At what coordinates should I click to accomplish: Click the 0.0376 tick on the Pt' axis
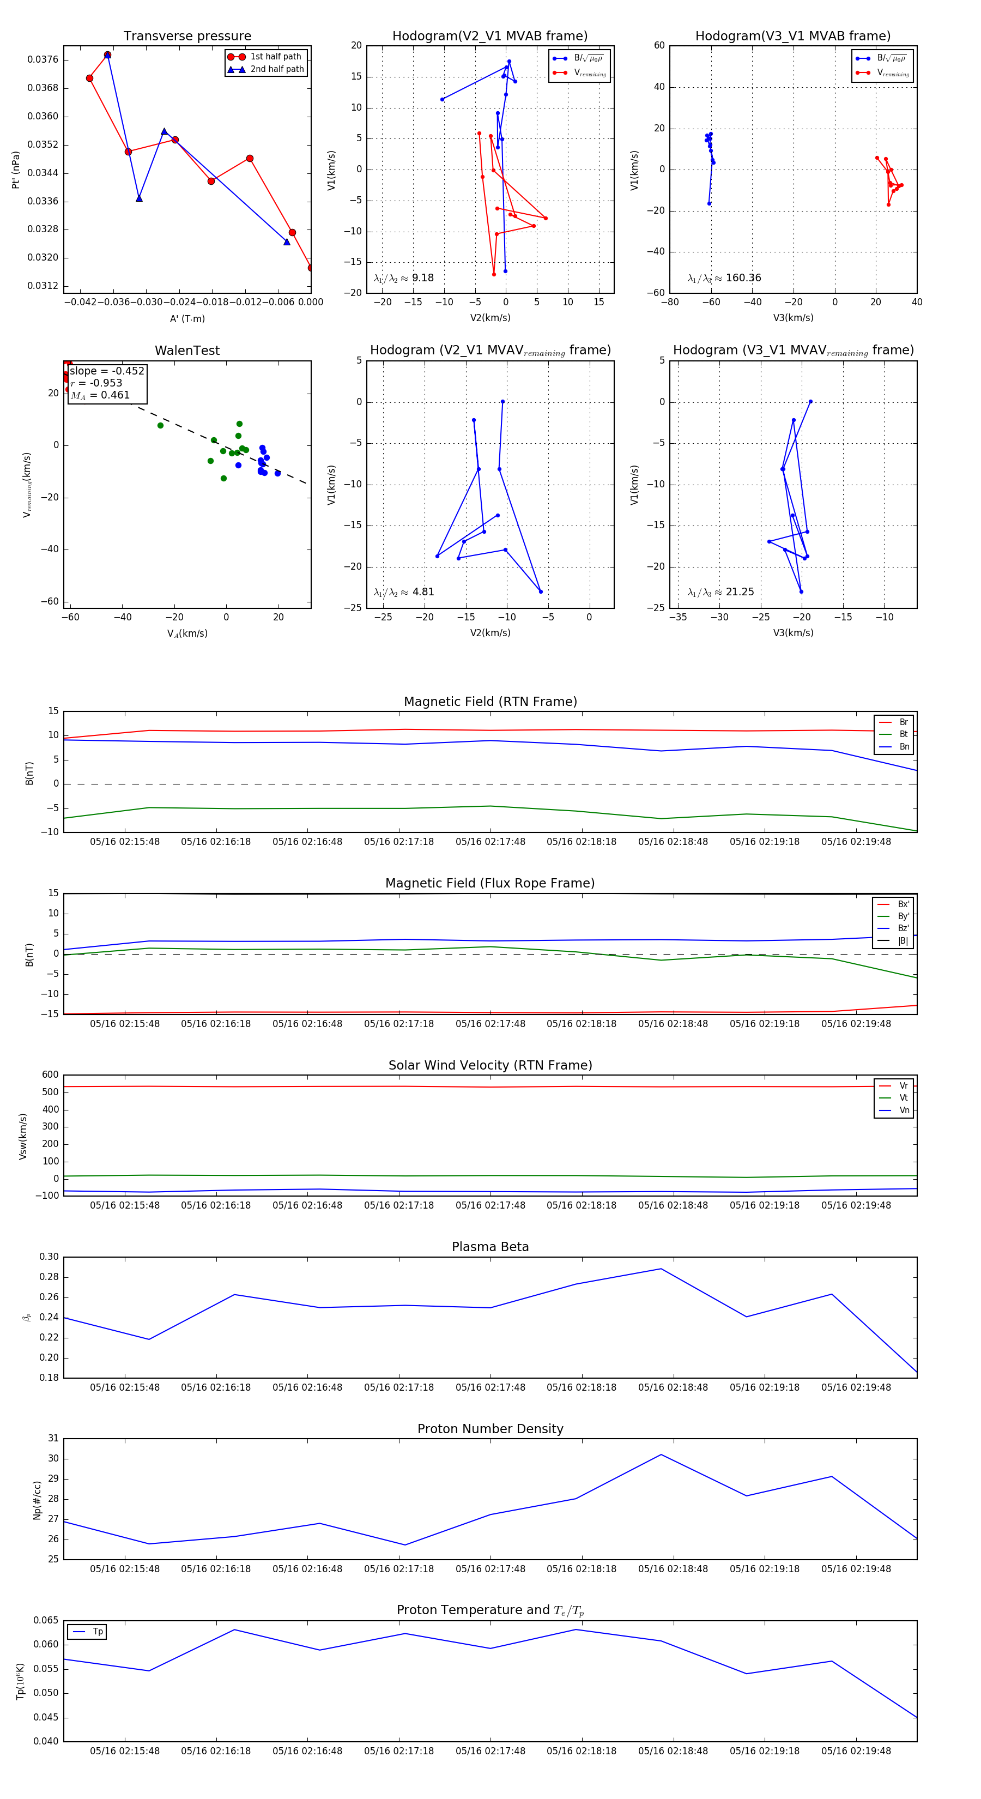tap(43, 59)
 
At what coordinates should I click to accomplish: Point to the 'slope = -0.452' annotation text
tap(107, 371)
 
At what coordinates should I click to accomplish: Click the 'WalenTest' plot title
tap(187, 351)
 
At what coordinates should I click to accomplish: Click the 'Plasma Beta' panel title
tap(490, 1247)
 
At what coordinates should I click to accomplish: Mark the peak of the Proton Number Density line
tap(661, 1454)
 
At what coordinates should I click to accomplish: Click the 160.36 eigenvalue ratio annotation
tap(743, 278)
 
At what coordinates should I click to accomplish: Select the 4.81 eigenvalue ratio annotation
tap(423, 592)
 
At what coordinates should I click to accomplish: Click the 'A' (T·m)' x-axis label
tap(187, 318)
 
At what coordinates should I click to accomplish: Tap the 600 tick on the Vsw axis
tap(50, 1075)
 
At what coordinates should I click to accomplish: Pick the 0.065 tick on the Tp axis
tap(46, 1620)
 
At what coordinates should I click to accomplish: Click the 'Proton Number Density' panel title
tap(490, 1429)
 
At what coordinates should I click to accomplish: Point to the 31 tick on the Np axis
tap(53, 1438)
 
